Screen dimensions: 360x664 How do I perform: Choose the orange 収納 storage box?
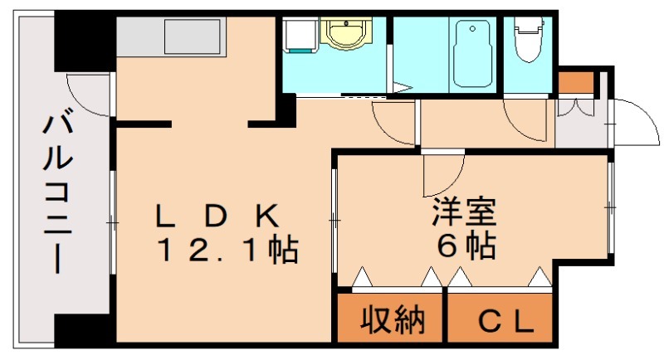tap(392, 319)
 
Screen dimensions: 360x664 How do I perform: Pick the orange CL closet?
tap(500, 320)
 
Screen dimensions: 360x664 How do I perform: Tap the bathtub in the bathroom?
tap(474, 54)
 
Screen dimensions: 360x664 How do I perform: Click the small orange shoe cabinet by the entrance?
tap(575, 82)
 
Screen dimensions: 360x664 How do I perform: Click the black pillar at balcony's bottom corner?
tap(84, 330)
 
